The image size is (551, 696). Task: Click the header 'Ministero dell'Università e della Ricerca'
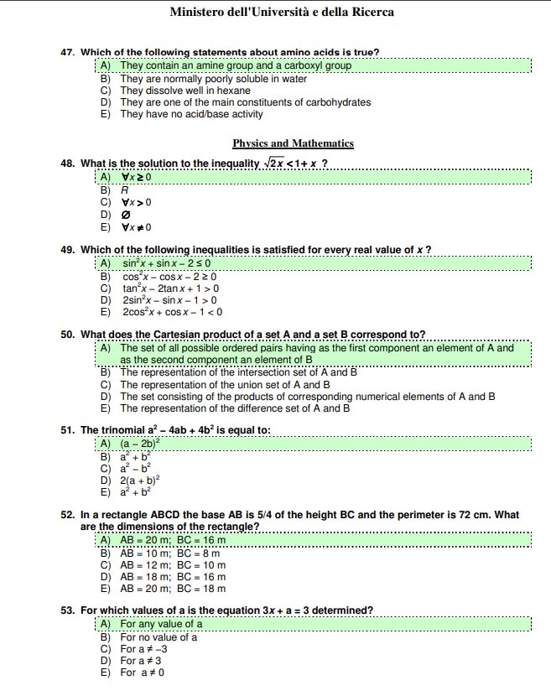(x=281, y=13)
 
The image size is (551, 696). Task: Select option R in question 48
(x=124, y=190)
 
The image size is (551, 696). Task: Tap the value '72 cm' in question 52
(x=492, y=515)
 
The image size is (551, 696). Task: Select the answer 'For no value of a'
(x=159, y=636)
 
